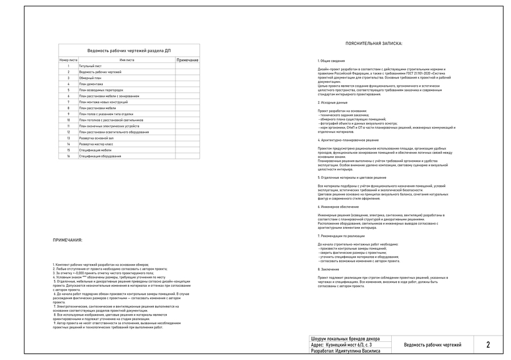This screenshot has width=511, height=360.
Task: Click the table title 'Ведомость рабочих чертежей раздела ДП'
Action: pyautogui.click(x=129, y=51)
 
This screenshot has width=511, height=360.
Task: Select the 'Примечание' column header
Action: pyautogui.click(x=187, y=60)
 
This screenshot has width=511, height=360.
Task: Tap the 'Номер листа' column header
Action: pyautogui.click(x=68, y=60)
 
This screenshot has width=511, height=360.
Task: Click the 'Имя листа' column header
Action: pyautogui.click(x=127, y=60)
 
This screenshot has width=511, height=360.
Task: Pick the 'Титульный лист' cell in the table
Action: pyautogui.click(x=90, y=66)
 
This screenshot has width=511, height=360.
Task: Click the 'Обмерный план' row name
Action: pyautogui.click(x=90, y=78)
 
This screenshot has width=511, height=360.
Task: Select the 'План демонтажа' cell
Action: pyautogui.click(x=91, y=84)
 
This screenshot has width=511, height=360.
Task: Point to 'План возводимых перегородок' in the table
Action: pyautogui.click(x=101, y=90)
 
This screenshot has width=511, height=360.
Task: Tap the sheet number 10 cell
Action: pyautogui.click(x=68, y=120)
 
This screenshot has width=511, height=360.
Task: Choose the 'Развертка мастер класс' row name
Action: pyautogui.click(x=97, y=144)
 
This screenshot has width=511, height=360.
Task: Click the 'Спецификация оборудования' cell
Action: pyautogui.click(x=100, y=156)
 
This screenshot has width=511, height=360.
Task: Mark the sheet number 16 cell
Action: pyautogui.click(x=68, y=156)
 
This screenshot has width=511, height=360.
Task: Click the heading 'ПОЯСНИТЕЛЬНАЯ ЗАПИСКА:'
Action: pyautogui.click(x=374, y=43)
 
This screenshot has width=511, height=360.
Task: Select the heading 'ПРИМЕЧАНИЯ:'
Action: pyautogui.click(x=68, y=240)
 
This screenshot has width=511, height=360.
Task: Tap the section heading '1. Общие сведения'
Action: pyautogui.click(x=331, y=60)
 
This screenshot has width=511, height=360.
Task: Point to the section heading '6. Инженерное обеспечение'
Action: pyautogui.click(x=338, y=207)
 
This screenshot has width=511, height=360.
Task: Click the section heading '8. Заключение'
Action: pyautogui.click(x=329, y=269)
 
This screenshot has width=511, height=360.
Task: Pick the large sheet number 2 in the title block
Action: pyautogui.click(x=488, y=345)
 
